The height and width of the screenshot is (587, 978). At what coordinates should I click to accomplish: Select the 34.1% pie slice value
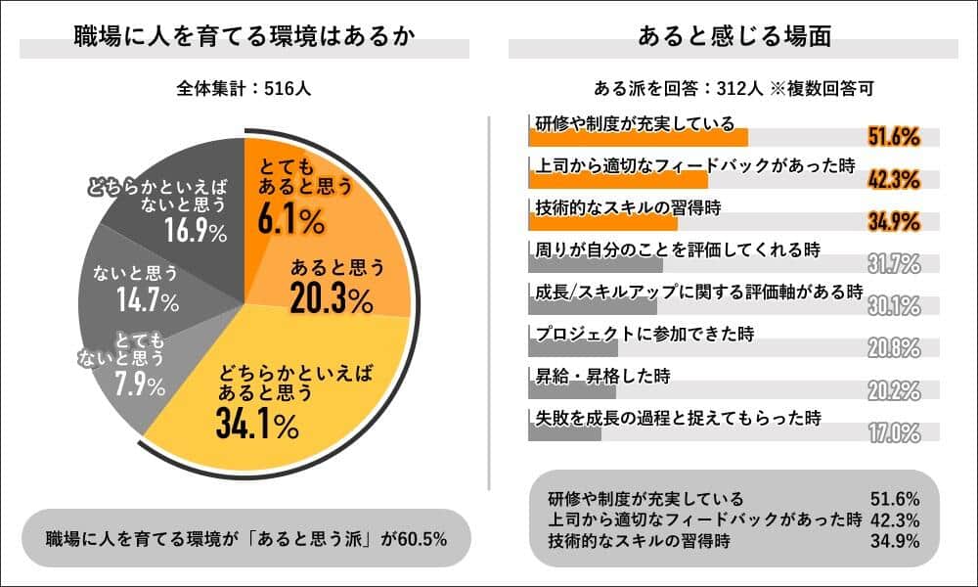point(257,425)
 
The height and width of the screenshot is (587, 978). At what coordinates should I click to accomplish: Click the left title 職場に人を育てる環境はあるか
point(244,38)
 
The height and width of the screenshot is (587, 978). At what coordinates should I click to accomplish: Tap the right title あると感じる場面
point(733,38)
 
